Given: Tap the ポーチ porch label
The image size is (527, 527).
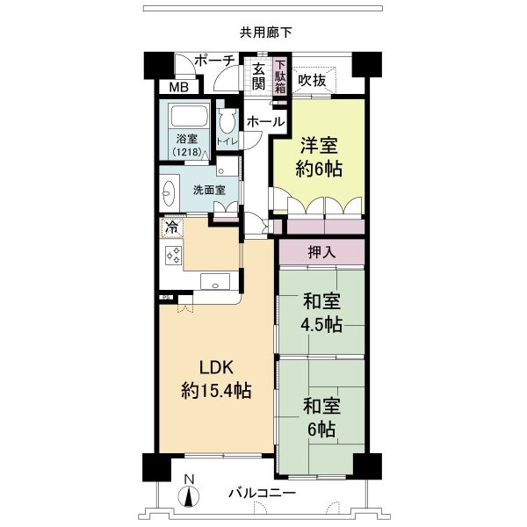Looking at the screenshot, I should pos(215,61).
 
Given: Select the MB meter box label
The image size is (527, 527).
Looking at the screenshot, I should pos(178,88).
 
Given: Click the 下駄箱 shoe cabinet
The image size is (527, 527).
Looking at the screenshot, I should pos(280,76).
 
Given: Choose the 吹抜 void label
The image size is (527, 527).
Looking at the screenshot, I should pos(312,79).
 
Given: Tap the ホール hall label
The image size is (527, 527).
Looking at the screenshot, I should pos(264,121).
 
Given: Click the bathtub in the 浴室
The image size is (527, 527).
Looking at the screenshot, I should pos(186,118).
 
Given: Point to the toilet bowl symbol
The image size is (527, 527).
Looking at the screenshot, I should pos(227,123).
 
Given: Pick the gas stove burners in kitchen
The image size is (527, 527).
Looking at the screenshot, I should pos(173,256).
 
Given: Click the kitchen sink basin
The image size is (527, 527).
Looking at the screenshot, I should pos(214,282).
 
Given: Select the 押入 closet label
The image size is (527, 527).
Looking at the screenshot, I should pos(321,252).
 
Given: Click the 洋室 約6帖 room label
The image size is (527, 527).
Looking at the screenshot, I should pos(320,156).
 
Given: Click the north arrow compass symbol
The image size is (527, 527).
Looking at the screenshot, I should pos(190,494).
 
